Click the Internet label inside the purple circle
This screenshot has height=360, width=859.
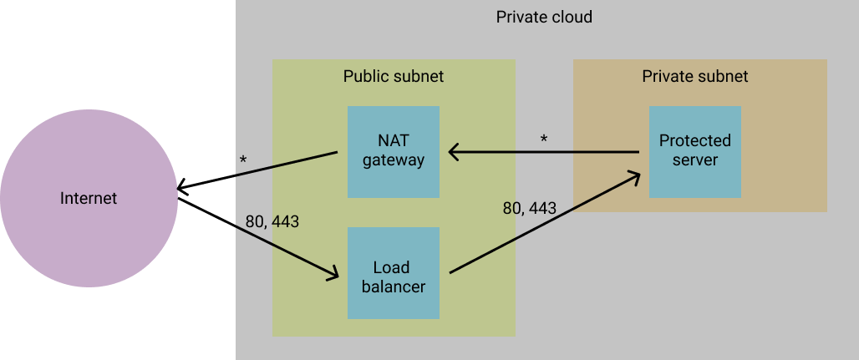pos(89,199)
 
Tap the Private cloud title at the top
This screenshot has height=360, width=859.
pos(544,17)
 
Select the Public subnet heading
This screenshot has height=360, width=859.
pos(393,76)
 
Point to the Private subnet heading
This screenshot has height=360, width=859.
pos(694,76)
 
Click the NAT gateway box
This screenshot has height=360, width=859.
pos(393,151)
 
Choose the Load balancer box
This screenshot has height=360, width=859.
pos(393,272)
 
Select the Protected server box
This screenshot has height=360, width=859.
pos(694,151)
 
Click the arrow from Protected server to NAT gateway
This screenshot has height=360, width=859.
pos(543,152)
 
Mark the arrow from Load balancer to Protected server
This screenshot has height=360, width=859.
pos(543,223)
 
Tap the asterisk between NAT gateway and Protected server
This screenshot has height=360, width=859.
pos(544,139)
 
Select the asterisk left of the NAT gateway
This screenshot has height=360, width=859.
pos(243,160)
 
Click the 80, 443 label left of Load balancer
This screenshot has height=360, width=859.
pos(272,222)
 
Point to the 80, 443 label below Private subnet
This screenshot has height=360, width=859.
pos(529,208)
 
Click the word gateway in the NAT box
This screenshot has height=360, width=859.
pos(393,160)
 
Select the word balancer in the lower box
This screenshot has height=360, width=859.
pos(393,286)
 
